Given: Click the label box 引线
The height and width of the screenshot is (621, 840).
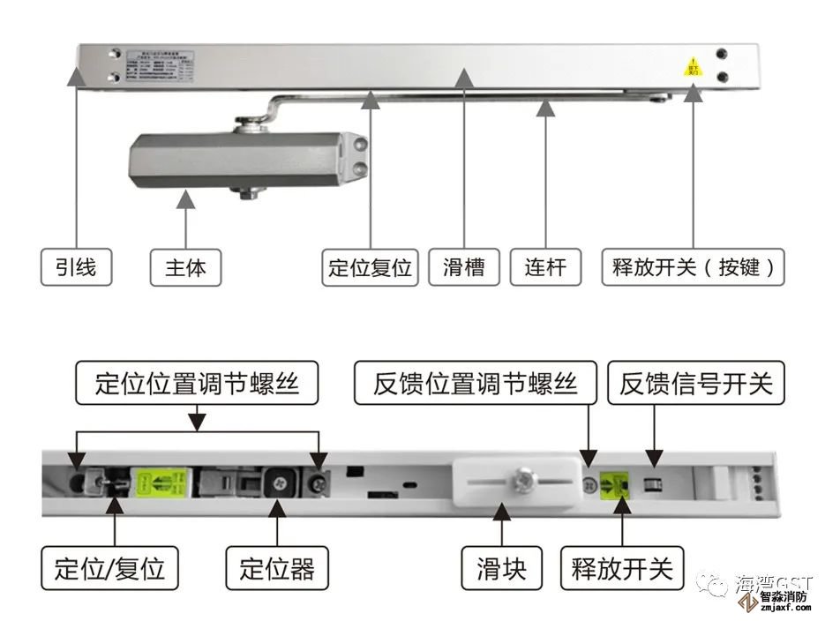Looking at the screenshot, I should point(77,267).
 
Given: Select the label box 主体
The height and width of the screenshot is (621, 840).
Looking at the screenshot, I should point(185,267).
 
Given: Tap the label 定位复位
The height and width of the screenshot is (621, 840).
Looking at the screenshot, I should point(371,267).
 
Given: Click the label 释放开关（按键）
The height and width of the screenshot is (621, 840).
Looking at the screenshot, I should point(694,267).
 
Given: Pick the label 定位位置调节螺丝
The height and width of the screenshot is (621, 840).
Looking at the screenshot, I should point(197,384).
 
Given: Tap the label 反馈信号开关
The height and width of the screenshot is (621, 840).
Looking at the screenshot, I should point(696,384).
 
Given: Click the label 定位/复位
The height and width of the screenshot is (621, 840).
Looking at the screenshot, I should point(109,568).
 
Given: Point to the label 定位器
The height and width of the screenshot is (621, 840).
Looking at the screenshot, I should point(277,568).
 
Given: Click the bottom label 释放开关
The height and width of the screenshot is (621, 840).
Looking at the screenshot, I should point(621,568).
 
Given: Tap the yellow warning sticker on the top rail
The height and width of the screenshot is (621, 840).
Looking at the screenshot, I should point(694,68).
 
